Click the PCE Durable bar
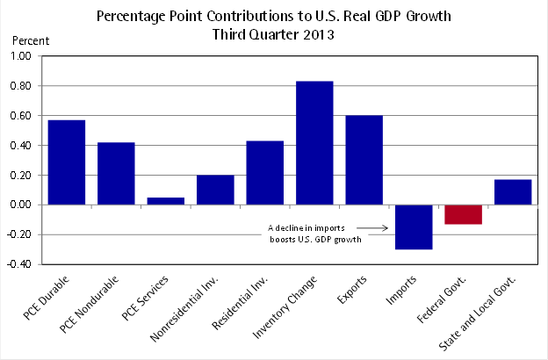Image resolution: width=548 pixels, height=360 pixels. [x=66, y=162]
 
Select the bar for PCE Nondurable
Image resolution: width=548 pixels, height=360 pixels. [x=116, y=173]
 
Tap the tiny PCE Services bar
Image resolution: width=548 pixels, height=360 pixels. [x=166, y=201]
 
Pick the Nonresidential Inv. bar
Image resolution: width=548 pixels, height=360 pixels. [x=215, y=190]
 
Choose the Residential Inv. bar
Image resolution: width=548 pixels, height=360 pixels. [x=265, y=172]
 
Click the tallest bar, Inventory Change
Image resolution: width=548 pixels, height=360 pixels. [x=314, y=143]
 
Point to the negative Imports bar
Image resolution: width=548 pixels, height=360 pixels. [x=414, y=227]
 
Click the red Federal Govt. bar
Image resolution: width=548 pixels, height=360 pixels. [x=463, y=214]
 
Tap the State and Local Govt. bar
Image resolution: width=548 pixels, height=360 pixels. [x=513, y=191]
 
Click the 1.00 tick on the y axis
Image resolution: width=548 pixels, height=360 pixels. [x=19, y=56]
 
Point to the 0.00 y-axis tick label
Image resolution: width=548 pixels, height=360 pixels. [x=19, y=205]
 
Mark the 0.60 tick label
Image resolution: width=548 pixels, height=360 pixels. [x=19, y=116]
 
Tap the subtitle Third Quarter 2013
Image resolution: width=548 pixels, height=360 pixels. [x=273, y=35]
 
